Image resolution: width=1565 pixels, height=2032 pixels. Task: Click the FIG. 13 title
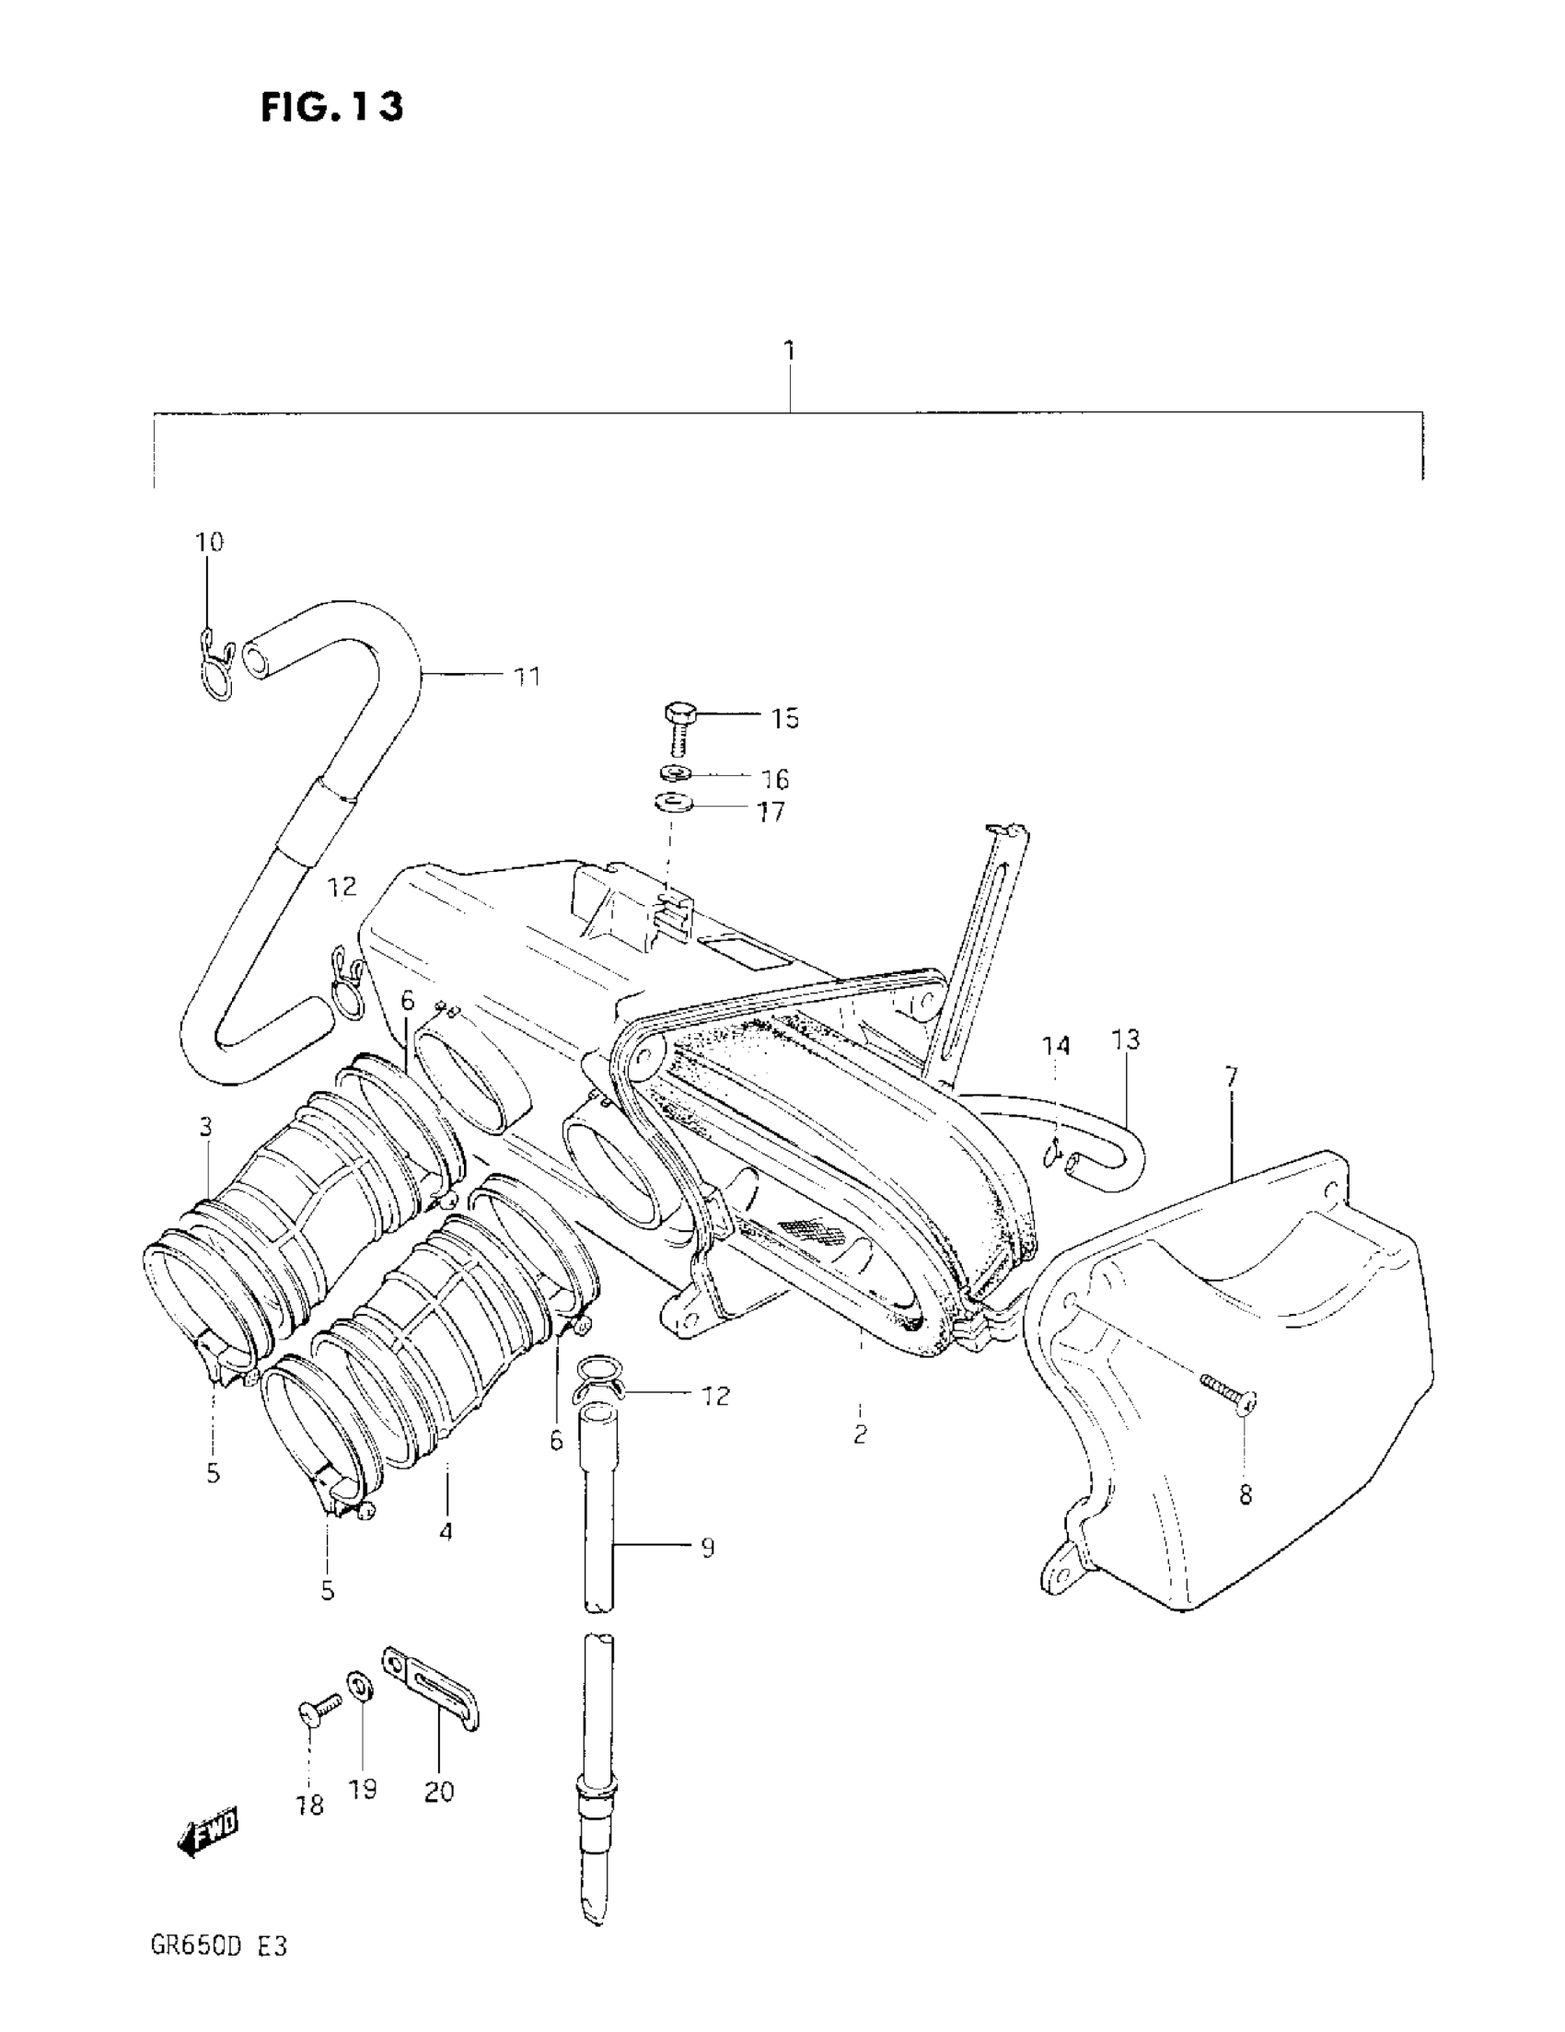pos(331,107)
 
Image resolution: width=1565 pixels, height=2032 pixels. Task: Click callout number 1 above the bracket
pos(789,351)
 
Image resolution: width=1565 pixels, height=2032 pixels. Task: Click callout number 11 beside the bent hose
pos(527,677)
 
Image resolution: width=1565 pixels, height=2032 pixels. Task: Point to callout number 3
pos(205,1127)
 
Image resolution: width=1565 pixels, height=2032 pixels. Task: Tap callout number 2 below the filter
pos(860,1434)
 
